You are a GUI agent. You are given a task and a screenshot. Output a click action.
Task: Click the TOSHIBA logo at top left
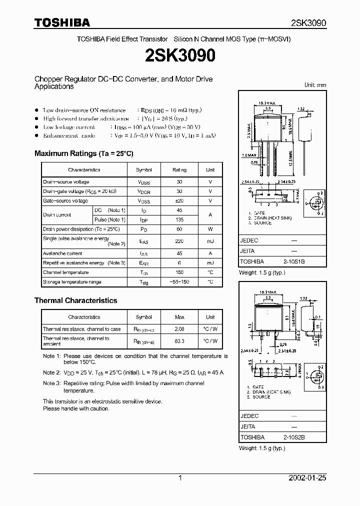point(62,22)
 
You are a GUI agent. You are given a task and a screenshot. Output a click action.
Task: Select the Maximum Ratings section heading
point(83,153)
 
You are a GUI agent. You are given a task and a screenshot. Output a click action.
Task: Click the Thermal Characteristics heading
point(75,300)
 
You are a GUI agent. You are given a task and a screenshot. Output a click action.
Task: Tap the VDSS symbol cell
point(143,182)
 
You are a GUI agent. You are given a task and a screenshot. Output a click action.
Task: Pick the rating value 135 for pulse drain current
point(179,219)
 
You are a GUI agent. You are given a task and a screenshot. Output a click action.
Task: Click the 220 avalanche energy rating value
point(179,241)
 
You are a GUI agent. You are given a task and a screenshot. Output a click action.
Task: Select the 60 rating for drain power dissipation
point(179,229)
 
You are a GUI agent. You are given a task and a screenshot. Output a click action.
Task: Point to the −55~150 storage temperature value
point(179,282)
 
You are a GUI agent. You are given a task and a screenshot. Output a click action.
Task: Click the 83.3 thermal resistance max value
point(179,340)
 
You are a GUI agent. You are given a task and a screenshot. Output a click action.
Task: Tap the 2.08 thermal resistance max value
point(179,329)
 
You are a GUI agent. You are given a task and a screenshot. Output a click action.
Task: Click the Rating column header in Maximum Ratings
point(179,170)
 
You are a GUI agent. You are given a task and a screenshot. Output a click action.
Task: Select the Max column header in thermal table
point(179,317)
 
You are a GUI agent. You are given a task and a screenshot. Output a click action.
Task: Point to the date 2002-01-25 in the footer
point(307,478)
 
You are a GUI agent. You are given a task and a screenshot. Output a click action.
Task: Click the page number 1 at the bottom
point(180,478)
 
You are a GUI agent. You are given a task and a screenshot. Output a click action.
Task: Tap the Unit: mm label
point(315,85)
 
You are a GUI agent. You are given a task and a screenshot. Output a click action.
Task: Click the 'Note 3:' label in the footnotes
point(51,383)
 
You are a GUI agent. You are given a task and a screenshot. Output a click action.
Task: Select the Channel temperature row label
point(65,272)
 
